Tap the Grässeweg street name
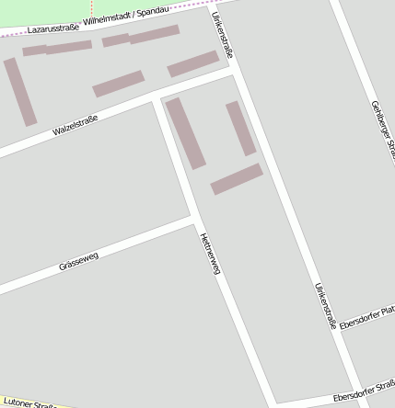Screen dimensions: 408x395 click(78, 260)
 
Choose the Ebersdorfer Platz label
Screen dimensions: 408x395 click(366, 318)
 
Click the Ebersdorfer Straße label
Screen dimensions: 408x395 click(364, 391)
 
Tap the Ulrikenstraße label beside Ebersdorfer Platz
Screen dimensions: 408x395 click(326, 305)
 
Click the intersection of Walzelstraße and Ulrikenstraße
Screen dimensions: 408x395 click(234, 70)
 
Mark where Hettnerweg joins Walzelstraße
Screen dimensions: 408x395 click(154, 97)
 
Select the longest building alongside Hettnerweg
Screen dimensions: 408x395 click(185, 133)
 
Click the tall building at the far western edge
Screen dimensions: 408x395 click(20, 92)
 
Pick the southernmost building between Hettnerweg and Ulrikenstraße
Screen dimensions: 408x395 click(237, 179)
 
